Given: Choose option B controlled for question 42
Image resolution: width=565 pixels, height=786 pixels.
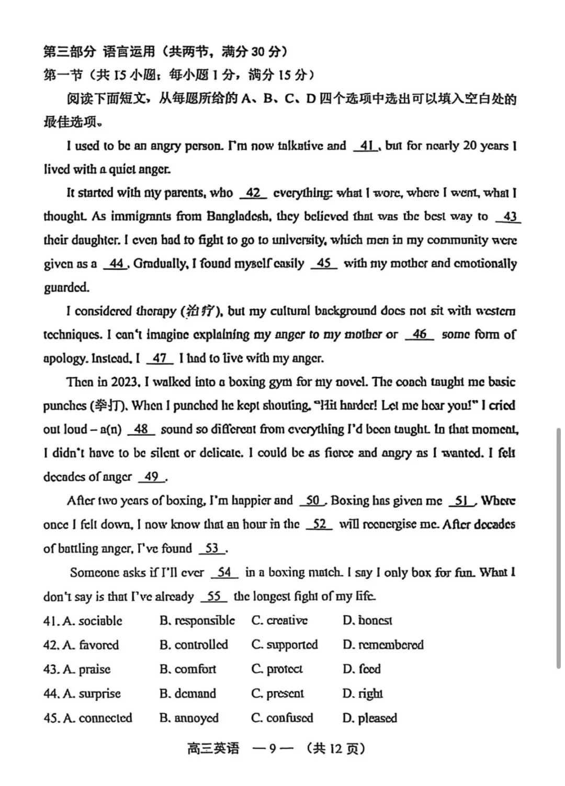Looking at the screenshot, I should [x=194, y=645].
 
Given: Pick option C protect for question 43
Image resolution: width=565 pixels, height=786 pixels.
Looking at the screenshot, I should [x=277, y=669].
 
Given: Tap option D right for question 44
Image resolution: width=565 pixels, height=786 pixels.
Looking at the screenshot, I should [x=363, y=694].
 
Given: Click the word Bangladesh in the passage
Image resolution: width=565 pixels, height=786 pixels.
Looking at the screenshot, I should [x=239, y=217].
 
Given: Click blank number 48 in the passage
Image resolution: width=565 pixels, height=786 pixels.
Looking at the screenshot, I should [x=141, y=430].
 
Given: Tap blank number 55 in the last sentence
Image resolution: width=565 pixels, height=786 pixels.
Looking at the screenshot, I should [x=213, y=597].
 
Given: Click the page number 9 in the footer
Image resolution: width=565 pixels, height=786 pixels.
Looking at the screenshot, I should [x=272, y=749].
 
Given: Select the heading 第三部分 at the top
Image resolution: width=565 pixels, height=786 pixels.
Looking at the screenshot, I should [x=70, y=52].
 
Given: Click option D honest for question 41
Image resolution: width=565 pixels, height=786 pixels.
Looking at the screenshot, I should [x=368, y=621].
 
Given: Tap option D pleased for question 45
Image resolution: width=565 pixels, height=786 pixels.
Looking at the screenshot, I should [x=370, y=718].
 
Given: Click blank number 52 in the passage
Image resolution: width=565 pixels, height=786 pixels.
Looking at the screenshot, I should [x=319, y=524].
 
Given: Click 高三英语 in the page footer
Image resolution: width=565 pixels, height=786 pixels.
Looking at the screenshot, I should [x=213, y=749].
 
